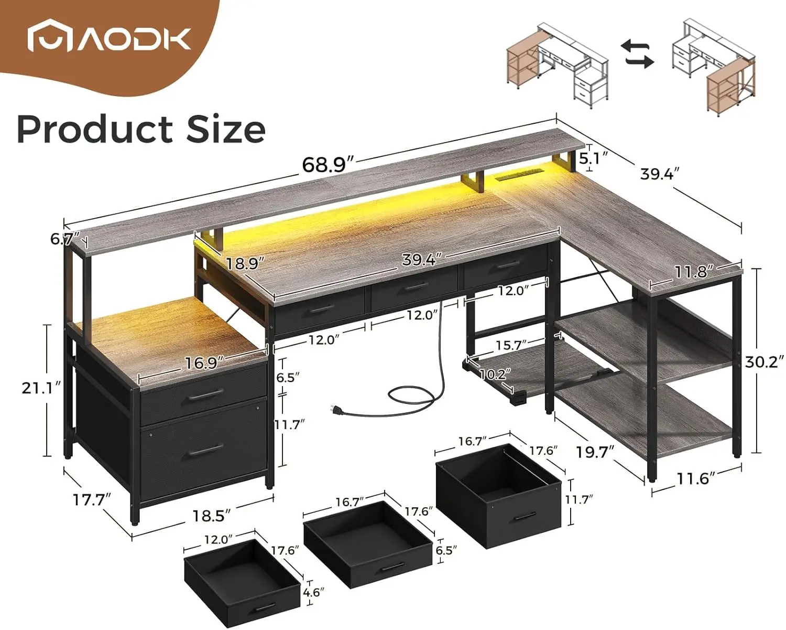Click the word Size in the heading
coord(226,129)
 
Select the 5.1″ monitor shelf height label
coord(594,159)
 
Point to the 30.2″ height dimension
coord(765,362)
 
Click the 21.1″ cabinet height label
coord(41,388)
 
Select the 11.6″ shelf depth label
coord(692,478)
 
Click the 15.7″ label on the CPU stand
coord(511,345)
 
